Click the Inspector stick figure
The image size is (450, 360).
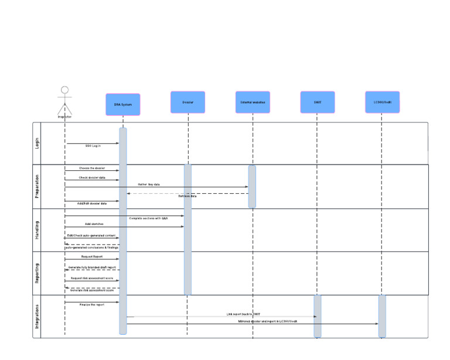pos(64,100)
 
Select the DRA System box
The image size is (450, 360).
pos(123,104)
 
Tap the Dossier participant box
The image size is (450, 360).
pos(187,102)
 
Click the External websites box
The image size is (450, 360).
pos(253,102)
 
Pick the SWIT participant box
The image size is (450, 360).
pos(317,102)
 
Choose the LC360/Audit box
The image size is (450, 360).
pos(382,102)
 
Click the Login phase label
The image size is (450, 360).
pos(38,143)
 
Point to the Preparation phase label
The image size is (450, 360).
pos(38,186)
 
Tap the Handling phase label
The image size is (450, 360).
pos(38,229)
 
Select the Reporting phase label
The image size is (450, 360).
pos(38,273)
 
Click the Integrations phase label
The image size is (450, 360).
pos(38,316)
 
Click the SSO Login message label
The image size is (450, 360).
pos(93,146)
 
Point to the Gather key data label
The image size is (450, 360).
pos(149,184)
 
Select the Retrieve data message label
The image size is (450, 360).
pos(187,197)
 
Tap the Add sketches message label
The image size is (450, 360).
pos(94,224)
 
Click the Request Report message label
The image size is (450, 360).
pos(91,256)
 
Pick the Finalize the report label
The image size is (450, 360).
pos(92,305)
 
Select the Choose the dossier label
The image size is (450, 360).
pos(92,168)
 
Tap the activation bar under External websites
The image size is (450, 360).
pos(252,186)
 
